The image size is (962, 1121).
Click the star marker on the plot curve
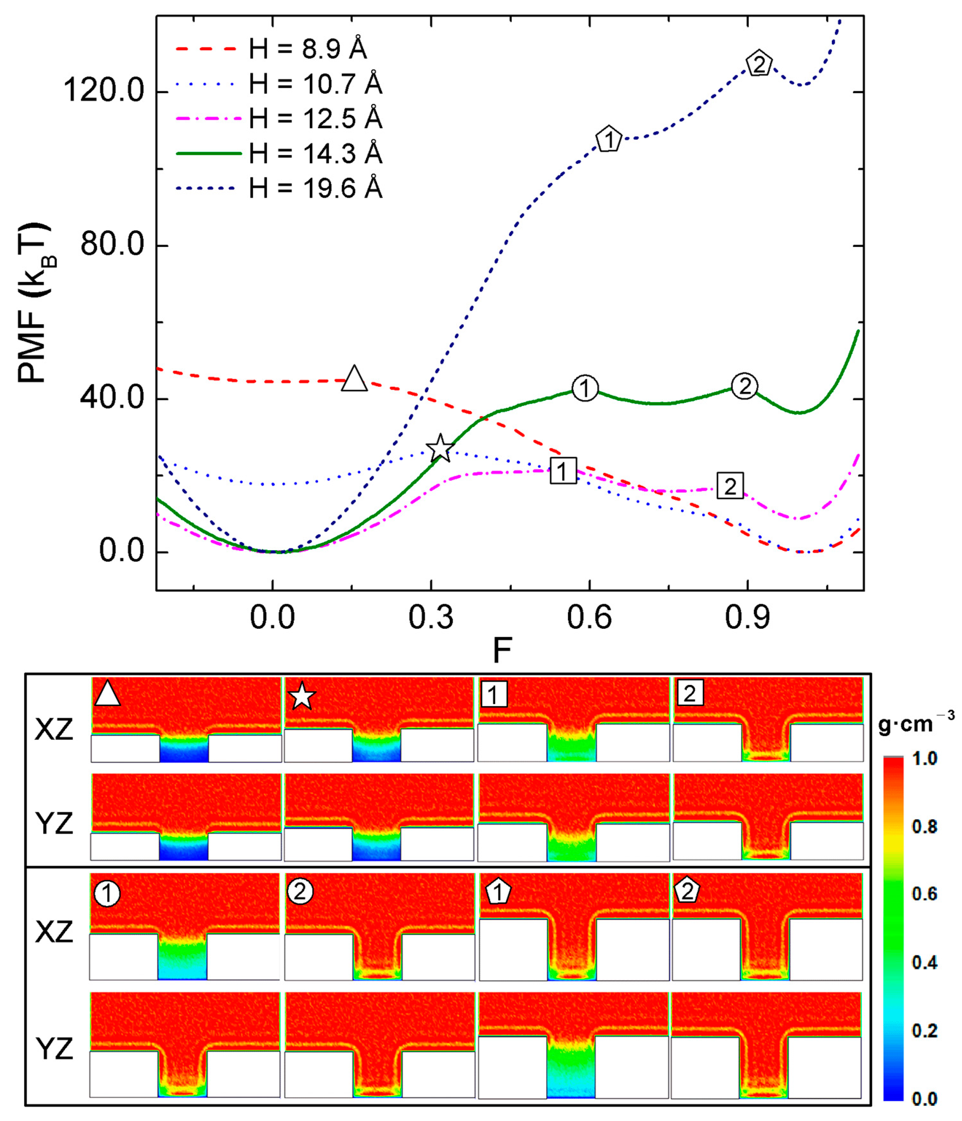pos(440,448)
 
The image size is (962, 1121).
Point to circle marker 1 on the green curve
pos(584,388)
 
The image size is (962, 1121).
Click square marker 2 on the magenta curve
pos(730,486)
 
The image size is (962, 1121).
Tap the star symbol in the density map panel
pos(302,696)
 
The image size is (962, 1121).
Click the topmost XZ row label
pos(54,730)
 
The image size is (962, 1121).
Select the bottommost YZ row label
pos(54,1049)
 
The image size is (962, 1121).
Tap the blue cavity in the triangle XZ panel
pos(184,752)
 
